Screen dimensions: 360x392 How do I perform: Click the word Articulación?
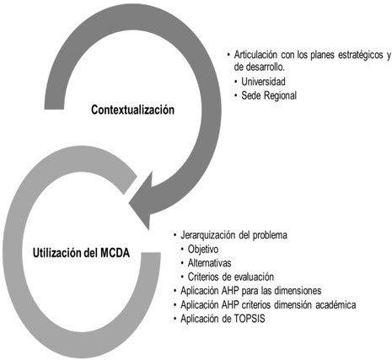[x=259, y=55]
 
